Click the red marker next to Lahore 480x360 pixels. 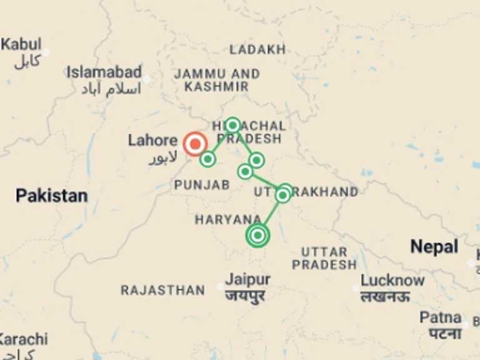pyautogui.click(x=195, y=144)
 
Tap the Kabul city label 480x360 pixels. pyautogui.click(x=21, y=45)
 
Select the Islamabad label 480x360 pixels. pyautogui.click(x=104, y=72)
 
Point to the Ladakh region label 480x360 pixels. pyautogui.click(x=257, y=49)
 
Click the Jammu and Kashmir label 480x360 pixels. pyautogui.click(x=217, y=80)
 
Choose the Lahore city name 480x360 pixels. pyautogui.click(x=152, y=140)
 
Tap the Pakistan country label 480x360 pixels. pyautogui.click(x=51, y=196)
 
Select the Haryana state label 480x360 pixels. pyautogui.click(x=227, y=219)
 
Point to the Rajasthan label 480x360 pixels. pyautogui.click(x=162, y=290)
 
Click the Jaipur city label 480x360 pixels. pyautogui.click(x=248, y=279)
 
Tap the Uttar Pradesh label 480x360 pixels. pyautogui.click(x=324, y=258)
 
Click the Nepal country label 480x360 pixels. pyautogui.click(x=434, y=247)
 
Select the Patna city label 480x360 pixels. pyautogui.click(x=441, y=317)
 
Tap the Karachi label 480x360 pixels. pyautogui.click(x=24, y=339)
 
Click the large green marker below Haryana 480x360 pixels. pyautogui.click(x=257, y=236)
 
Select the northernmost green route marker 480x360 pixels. pyautogui.click(x=232, y=125)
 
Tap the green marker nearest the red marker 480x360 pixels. pyautogui.click(x=208, y=159)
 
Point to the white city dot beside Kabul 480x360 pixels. pyautogui.click(x=46, y=52)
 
